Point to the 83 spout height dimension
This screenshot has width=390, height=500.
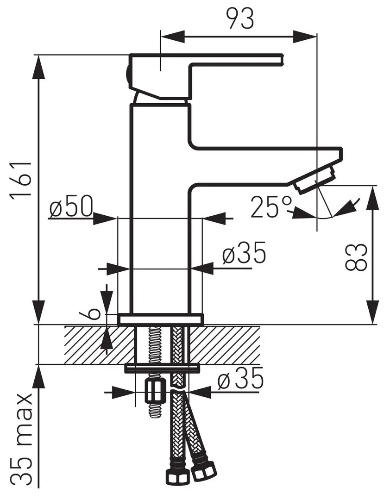(x=356, y=257)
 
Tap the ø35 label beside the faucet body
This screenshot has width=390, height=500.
(x=244, y=252)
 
